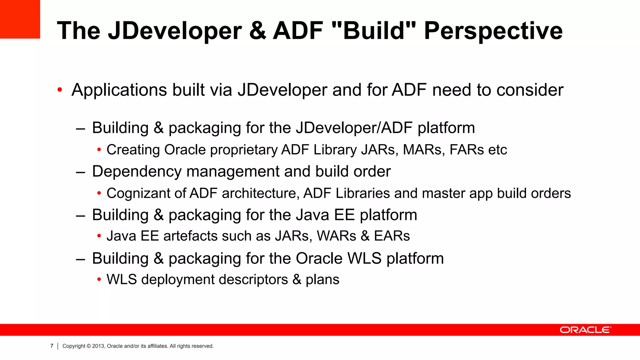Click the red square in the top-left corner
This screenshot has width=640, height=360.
[x=20, y=19]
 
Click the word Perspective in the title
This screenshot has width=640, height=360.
[x=493, y=31]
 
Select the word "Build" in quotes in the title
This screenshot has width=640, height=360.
[x=373, y=31]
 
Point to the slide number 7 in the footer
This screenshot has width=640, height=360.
[x=52, y=346]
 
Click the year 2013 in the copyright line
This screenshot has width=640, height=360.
[x=98, y=346]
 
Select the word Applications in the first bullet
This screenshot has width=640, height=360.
[x=119, y=90]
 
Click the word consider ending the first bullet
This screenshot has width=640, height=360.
[x=530, y=90]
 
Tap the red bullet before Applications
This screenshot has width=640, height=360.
[x=60, y=90]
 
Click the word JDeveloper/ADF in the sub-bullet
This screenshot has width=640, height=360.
[x=354, y=128]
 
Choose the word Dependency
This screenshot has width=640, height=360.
[x=137, y=172]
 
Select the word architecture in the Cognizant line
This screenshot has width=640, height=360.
[x=259, y=193]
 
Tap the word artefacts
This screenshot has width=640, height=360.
[x=190, y=236]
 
